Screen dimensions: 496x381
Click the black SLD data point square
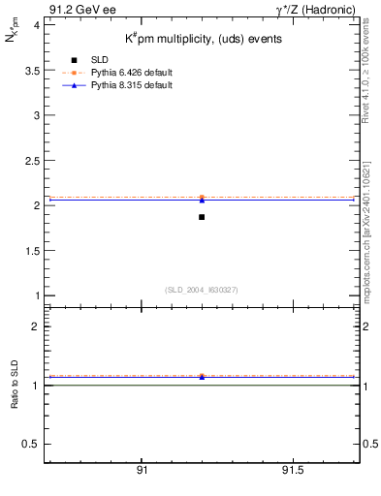pos(202,217)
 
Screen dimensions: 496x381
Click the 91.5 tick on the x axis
pos(293,470)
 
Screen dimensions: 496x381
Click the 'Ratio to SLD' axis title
pos(14,385)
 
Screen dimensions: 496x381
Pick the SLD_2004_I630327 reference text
pos(202,290)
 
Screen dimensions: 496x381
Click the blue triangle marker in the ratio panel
pos(202,377)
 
